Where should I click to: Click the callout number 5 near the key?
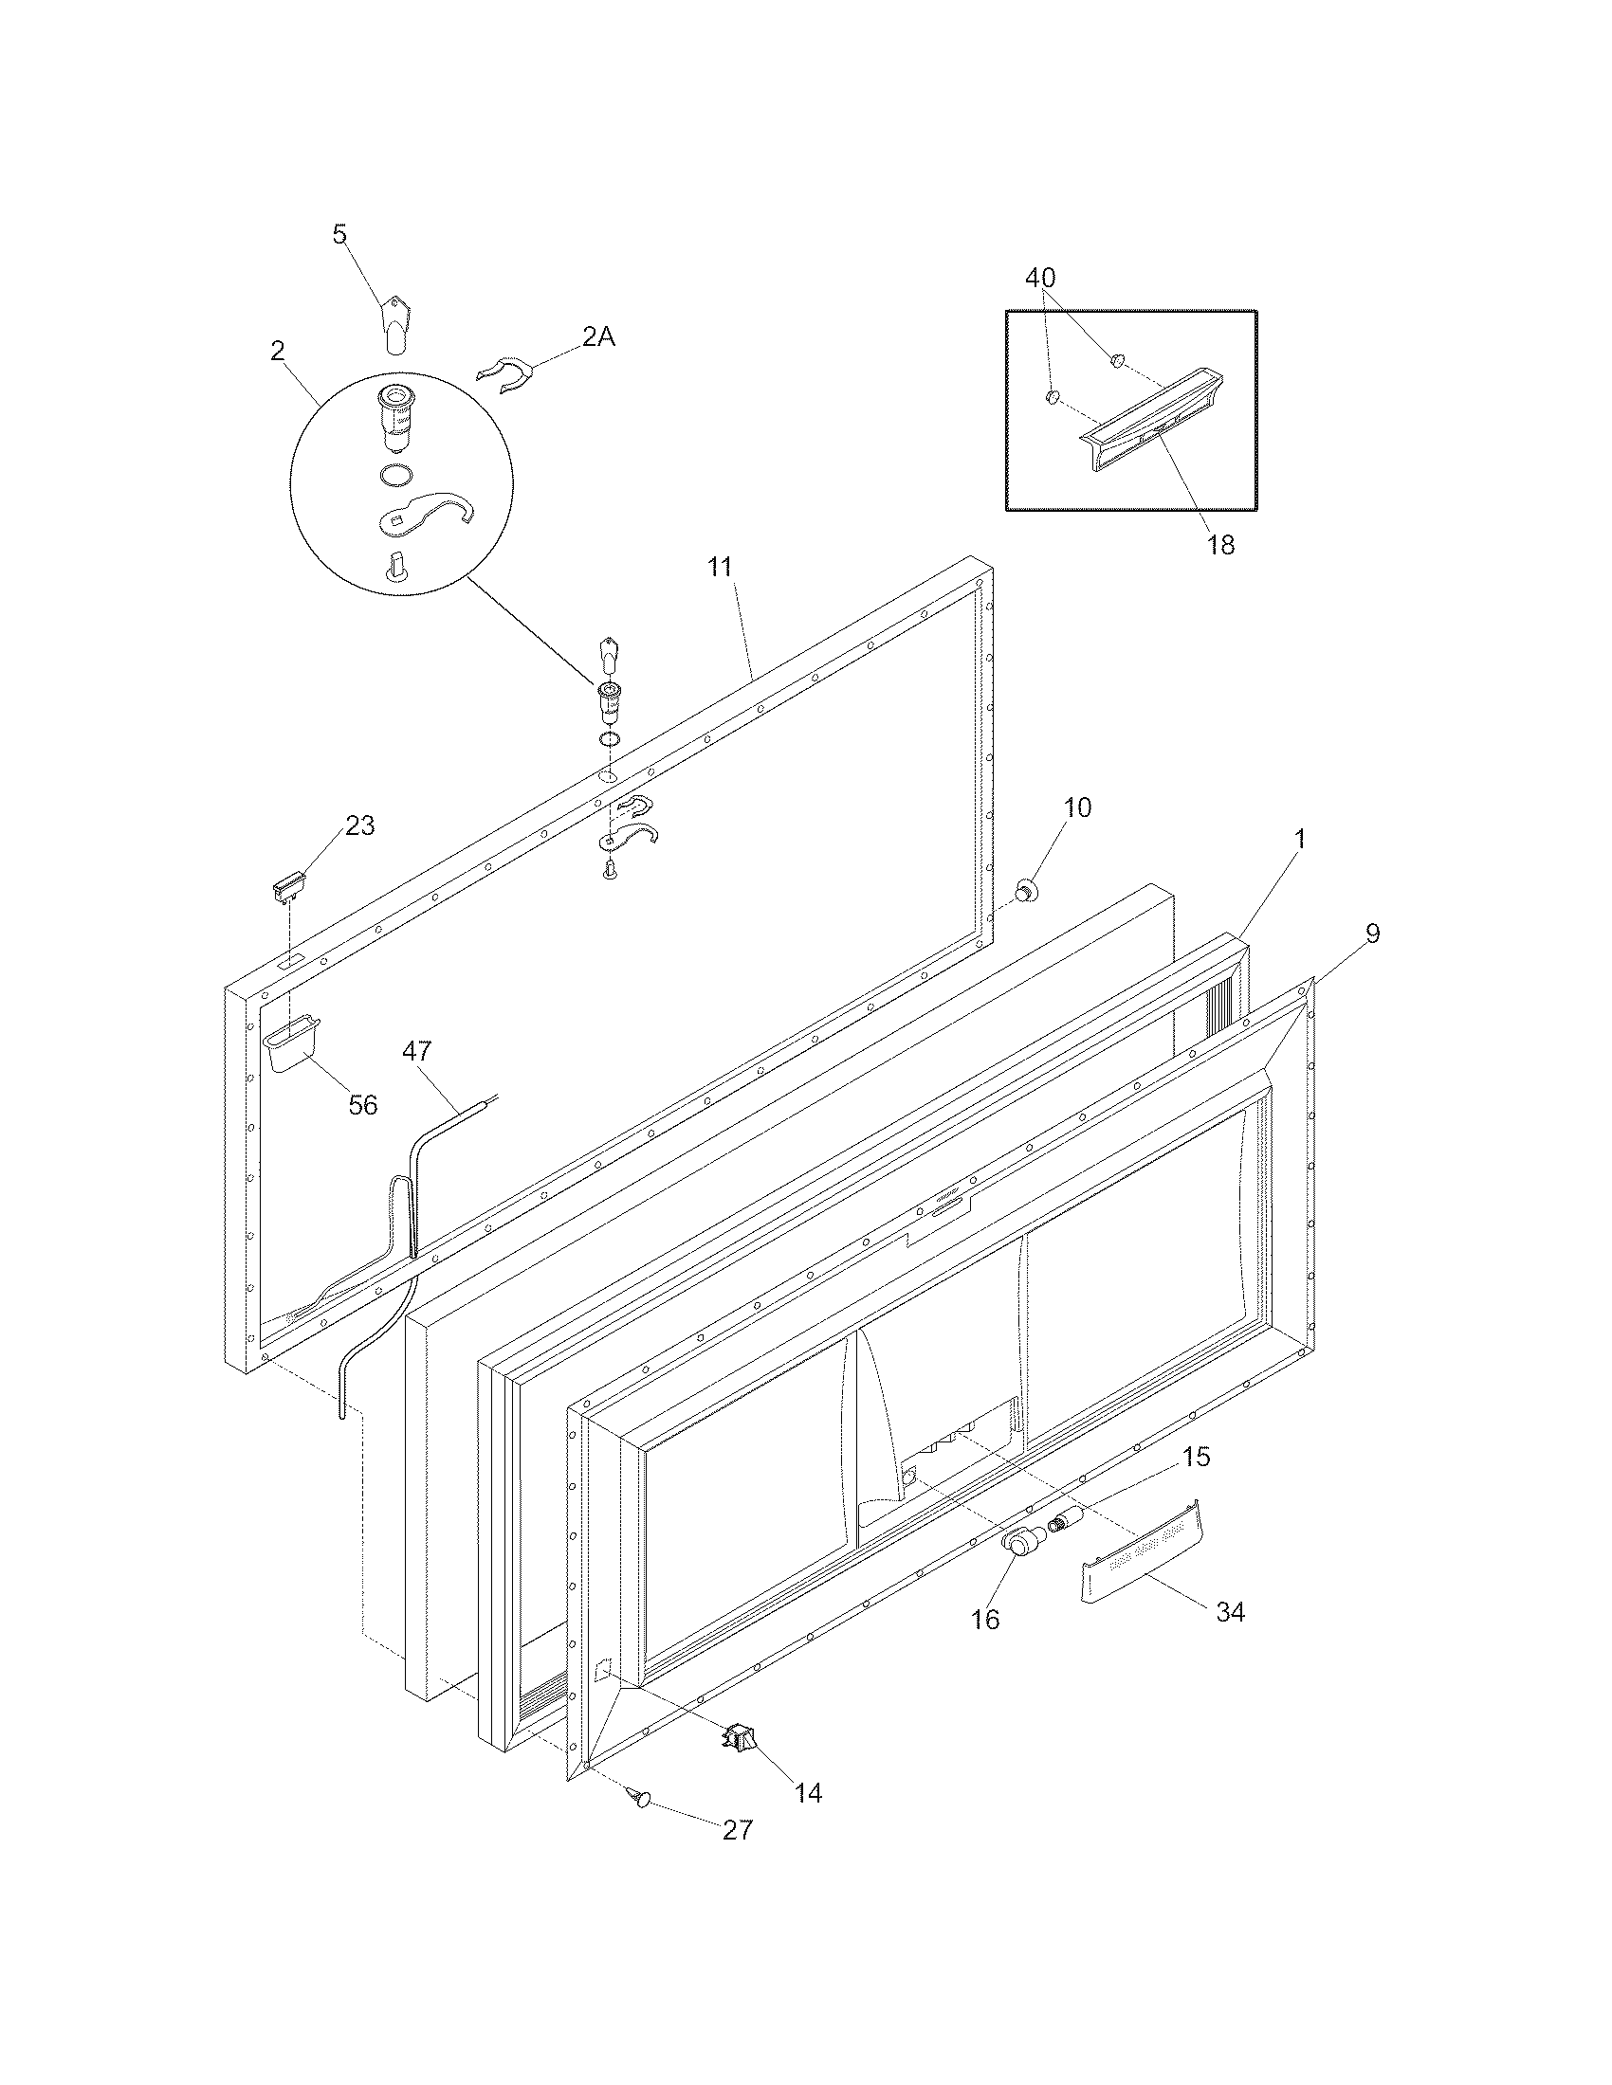[340, 235]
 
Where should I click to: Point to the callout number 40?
[1040, 278]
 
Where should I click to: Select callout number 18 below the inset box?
[1220, 544]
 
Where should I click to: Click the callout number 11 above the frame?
[719, 566]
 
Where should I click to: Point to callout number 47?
[416, 1051]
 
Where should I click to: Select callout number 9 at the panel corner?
[1372, 934]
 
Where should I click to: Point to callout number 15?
[1196, 1457]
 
